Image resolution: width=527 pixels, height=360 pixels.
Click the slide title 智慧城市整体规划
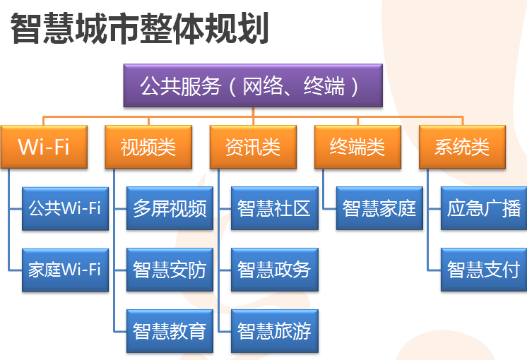pos(139,28)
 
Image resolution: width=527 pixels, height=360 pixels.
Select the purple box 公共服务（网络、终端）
pos(253,85)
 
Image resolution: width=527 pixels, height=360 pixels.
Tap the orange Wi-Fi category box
pos(44,147)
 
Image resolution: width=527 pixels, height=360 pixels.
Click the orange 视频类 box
pos(148,147)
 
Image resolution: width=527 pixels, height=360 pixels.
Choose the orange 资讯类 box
pos(253,147)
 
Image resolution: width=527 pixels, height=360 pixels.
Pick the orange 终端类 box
pos(357,147)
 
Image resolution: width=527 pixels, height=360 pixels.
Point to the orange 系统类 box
pos(462,147)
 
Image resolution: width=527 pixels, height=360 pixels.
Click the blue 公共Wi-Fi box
pos(65,208)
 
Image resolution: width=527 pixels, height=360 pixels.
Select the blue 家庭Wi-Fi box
pos(65,270)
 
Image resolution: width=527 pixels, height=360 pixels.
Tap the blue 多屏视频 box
pos(170,208)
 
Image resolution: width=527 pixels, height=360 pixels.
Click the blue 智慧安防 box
pos(170,270)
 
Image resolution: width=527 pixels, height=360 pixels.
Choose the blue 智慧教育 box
pos(170,331)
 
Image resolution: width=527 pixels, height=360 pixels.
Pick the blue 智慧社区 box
pos(275,208)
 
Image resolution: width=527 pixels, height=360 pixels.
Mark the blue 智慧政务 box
pos(275,270)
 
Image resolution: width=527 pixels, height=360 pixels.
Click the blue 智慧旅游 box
pos(275,331)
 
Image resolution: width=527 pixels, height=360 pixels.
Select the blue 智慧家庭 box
pos(379,208)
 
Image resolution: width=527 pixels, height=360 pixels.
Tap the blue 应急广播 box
pos(484,208)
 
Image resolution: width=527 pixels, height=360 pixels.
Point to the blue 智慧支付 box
pos(484,270)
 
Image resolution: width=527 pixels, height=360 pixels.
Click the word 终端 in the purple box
pos(324,86)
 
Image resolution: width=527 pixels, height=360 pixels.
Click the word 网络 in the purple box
pos(263,86)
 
